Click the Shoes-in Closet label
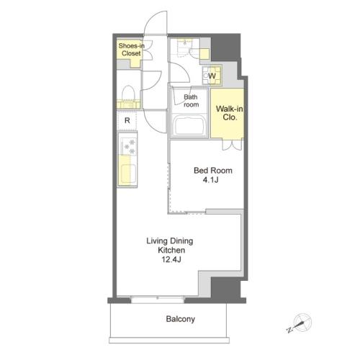[x=131, y=50]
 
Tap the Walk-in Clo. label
[x=229, y=113]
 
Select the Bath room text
[x=191, y=101]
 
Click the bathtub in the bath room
[x=191, y=126]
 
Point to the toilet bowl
[x=128, y=93]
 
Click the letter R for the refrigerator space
[x=127, y=120]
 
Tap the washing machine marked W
[x=212, y=76]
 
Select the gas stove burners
[x=129, y=146]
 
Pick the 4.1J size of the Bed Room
[x=210, y=180]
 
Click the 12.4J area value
[x=171, y=259]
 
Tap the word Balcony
[x=181, y=319]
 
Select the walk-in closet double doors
[x=232, y=145]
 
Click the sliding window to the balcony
[x=158, y=300]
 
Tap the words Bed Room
[x=213, y=171]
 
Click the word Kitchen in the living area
[x=171, y=250]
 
